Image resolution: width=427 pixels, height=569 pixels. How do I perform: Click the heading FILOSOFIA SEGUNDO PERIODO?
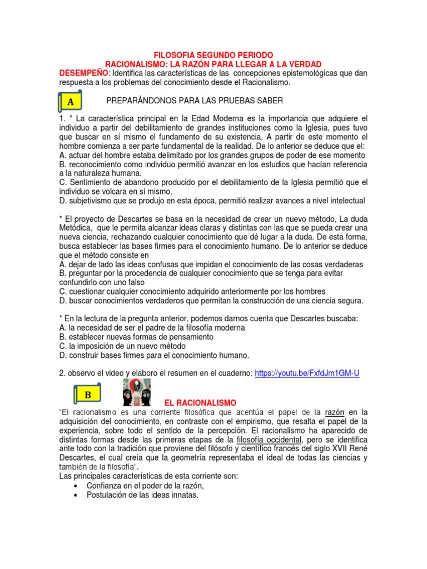click(213, 56)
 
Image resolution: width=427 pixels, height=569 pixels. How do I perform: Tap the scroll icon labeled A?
click(71, 102)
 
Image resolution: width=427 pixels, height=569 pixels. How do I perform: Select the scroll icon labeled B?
click(87, 395)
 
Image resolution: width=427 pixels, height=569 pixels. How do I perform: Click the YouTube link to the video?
click(307, 373)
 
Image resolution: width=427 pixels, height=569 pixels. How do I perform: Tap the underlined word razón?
click(335, 412)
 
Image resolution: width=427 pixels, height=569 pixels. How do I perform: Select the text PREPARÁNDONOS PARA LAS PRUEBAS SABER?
click(194, 101)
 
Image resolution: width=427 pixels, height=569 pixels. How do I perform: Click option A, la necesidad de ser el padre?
click(152, 328)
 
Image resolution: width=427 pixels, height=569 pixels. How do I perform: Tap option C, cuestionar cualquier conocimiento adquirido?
click(192, 291)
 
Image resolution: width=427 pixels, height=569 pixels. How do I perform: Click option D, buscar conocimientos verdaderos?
click(211, 301)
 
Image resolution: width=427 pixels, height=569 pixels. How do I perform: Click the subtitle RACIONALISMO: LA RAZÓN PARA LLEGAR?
click(213, 64)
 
